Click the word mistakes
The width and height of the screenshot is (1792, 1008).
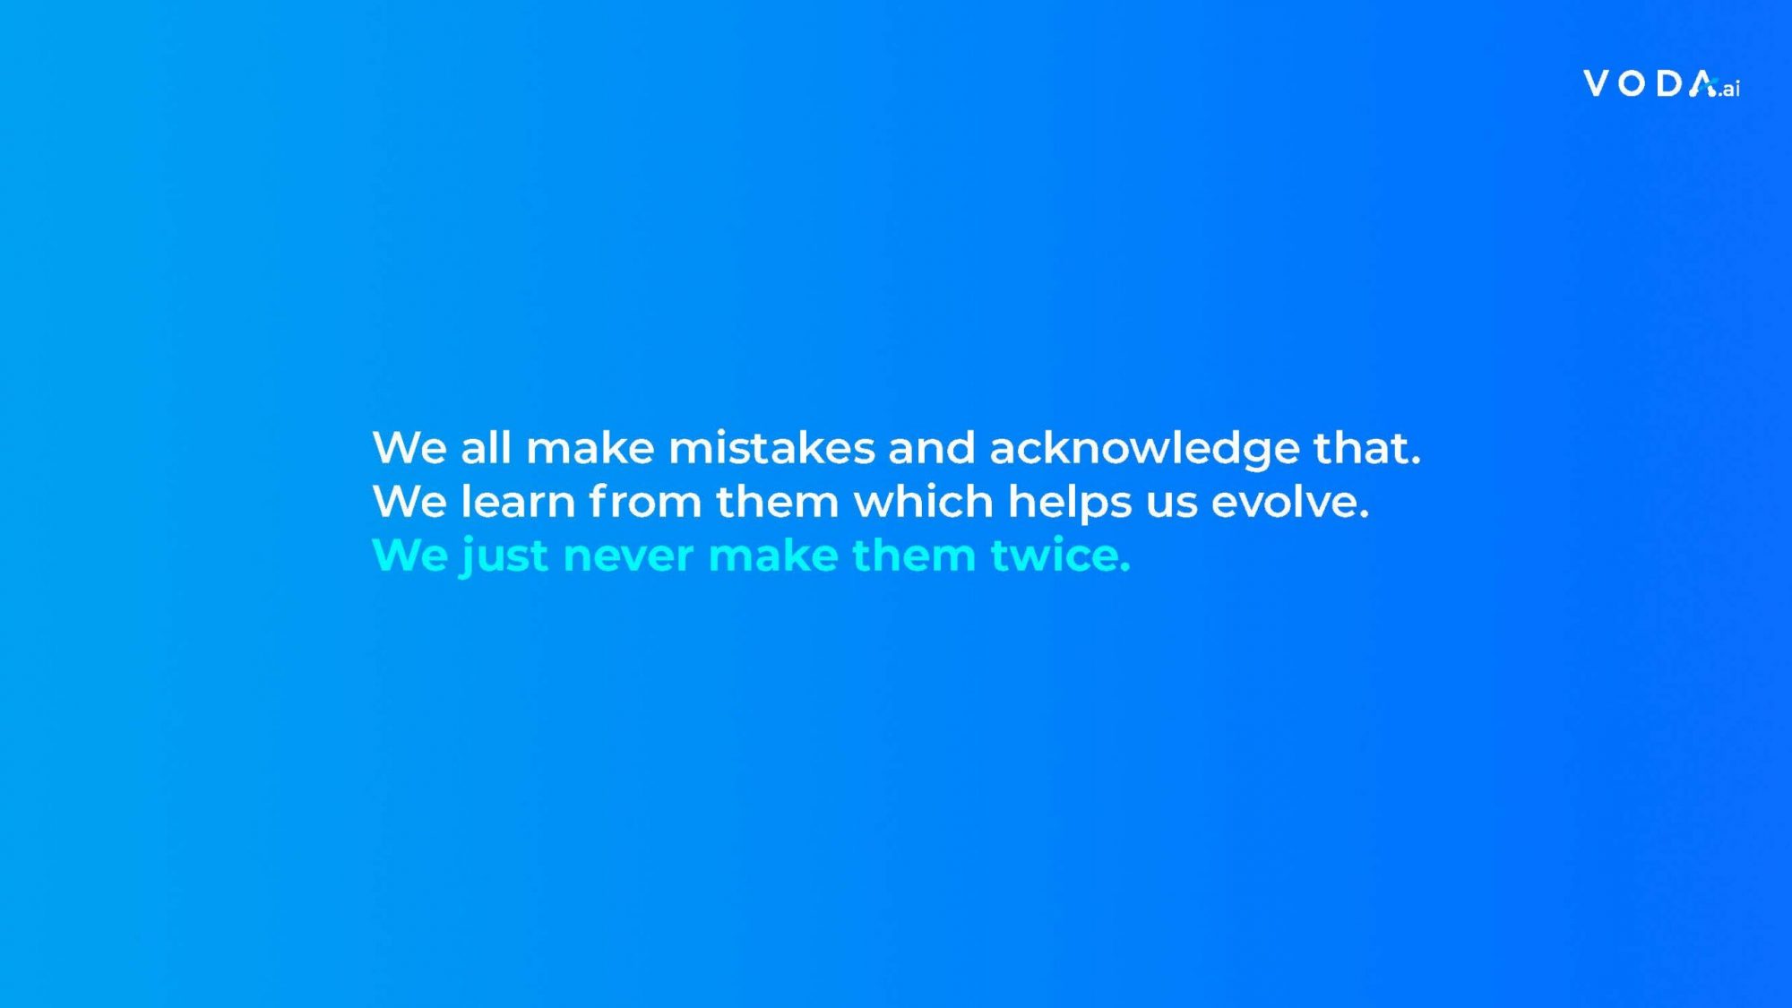[x=771, y=447]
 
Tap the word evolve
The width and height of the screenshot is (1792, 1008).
[x=1290, y=502]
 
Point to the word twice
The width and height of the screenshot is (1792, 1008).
[x=1061, y=555]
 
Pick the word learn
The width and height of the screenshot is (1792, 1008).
[x=518, y=501]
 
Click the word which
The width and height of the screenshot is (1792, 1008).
[x=924, y=501]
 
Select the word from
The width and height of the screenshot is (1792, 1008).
[x=645, y=501]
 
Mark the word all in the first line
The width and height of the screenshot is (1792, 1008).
[x=486, y=447]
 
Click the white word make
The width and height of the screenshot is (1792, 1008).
[x=590, y=447]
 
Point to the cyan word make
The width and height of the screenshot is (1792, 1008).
[x=772, y=555]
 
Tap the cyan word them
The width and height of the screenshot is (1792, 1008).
[x=914, y=555]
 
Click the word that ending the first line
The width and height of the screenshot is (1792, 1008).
[x=1367, y=447]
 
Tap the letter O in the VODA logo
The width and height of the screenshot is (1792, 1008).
[x=1633, y=83]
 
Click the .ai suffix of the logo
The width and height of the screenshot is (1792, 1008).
[x=1729, y=89]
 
